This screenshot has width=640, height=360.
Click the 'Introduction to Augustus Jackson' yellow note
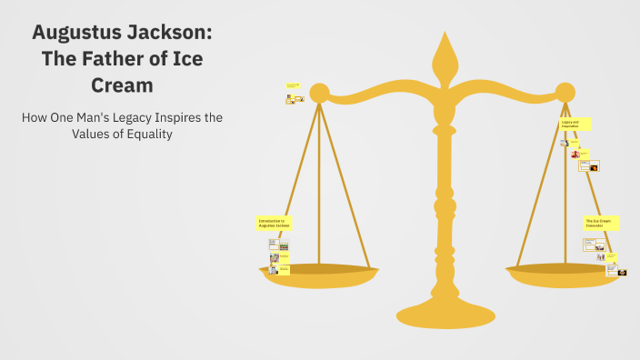[x=274, y=222]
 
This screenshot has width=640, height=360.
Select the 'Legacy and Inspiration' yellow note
[x=575, y=124]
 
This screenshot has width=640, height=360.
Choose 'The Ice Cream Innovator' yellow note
[x=600, y=223]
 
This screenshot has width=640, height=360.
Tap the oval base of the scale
[x=445, y=314]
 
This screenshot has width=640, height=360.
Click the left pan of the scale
[x=317, y=274]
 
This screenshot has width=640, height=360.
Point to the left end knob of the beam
[x=318, y=92]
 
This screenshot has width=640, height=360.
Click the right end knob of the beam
[x=565, y=92]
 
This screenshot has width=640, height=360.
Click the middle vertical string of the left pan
[x=319, y=182]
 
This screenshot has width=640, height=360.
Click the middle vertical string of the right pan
[x=565, y=182]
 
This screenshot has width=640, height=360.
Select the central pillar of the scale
[x=444, y=200]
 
